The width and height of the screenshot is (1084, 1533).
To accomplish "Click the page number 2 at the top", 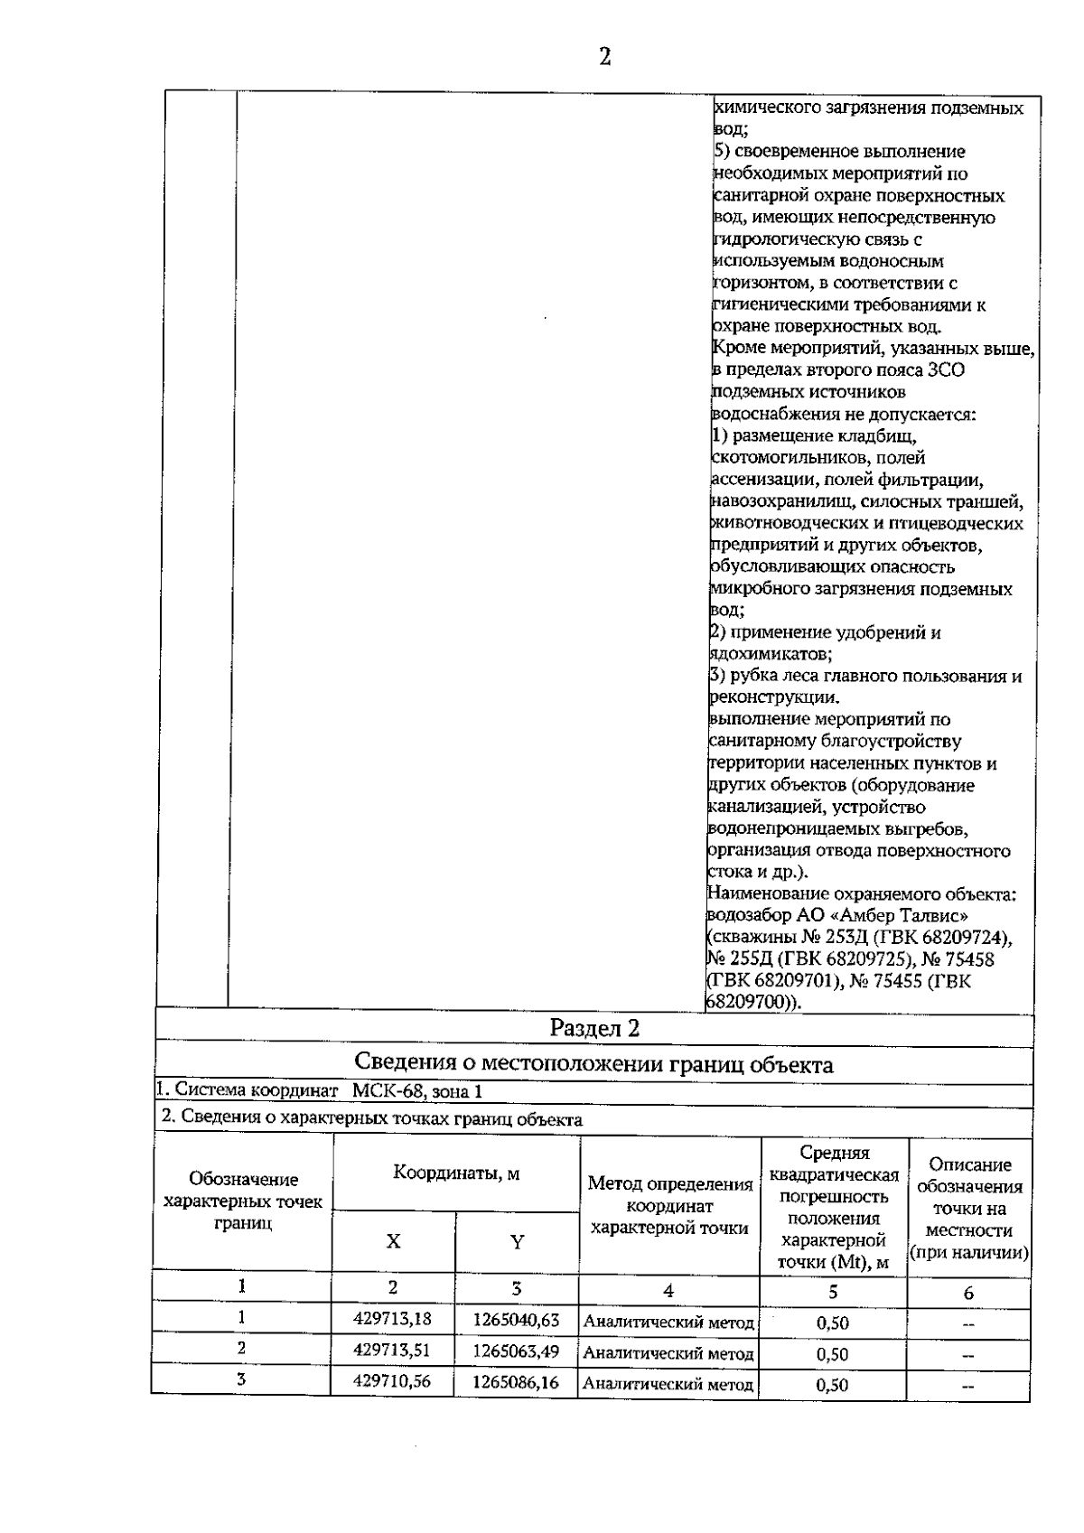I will click(x=604, y=57).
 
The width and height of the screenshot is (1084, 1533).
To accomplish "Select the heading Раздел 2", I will click(x=594, y=1028).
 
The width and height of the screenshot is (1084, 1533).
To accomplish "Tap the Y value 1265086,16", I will click(x=516, y=1382).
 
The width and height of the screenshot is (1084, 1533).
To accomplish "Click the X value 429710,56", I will click(x=392, y=1381).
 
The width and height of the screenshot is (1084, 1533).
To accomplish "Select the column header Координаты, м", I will click(x=456, y=1173).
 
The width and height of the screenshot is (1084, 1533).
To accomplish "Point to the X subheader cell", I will click(x=393, y=1241).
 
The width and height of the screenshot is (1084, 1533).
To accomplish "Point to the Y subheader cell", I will click(x=517, y=1242).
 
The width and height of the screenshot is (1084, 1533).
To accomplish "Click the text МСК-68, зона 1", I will click(x=416, y=1091).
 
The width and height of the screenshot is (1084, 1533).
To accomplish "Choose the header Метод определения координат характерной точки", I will click(x=669, y=1206).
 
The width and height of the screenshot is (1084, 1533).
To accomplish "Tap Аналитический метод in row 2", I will click(x=668, y=1353).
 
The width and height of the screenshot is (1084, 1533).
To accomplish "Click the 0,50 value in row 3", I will click(x=832, y=1385).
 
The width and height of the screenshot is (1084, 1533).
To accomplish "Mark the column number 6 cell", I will click(x=968, y=1293).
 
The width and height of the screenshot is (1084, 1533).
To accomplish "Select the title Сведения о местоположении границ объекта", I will click(x=593, y=1063).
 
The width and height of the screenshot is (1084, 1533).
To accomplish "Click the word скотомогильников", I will click(x=780, y=458).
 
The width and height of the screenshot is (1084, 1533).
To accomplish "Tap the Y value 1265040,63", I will click(x=516, y=1320).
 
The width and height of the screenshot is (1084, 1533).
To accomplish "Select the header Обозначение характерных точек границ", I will click(x=243, y=1201).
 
